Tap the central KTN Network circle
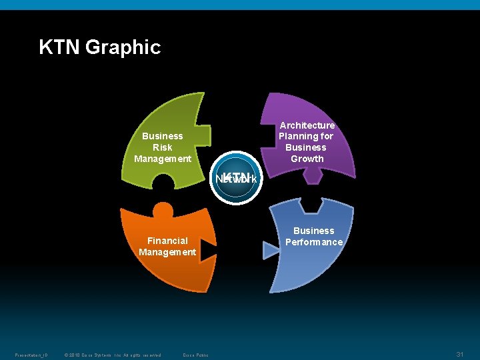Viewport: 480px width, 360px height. coord(236,178)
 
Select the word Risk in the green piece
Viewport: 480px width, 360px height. coord(162,147)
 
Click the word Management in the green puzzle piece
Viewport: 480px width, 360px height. coord(162,159)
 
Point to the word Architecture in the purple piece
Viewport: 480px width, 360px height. coord(307,125)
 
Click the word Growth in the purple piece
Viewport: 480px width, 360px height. coord(307,159)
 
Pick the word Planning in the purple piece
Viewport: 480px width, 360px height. coord(298,136)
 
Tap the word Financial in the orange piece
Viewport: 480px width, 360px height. coord(167,241)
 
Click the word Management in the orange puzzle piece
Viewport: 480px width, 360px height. coord(167,252)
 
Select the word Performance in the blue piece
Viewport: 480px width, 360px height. coord(313,242)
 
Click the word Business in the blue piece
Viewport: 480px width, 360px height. coord(313,231)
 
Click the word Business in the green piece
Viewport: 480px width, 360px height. coord(162,136)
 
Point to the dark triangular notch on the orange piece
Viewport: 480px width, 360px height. coord(207,249)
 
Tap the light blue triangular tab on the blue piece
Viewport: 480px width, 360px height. coord(271,250)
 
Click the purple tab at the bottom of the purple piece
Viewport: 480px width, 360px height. coord(311,175)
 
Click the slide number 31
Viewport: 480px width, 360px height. coord(459,353)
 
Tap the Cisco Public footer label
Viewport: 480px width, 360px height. coord(195,355)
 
